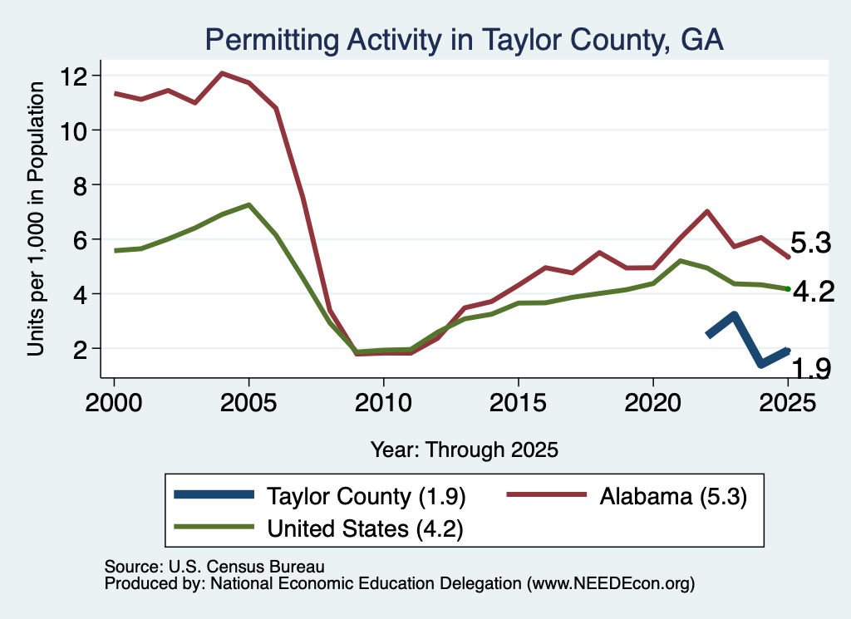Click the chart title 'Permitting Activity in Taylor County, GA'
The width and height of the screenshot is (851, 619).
[464, 40]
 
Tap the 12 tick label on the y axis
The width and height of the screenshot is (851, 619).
[74, 76]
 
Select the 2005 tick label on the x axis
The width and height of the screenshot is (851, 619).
[248, 403]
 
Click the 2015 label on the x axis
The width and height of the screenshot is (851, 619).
[519, 403]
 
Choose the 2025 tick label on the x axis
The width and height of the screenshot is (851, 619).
[788, 403]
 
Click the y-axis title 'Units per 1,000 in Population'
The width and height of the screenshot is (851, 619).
[36, 219]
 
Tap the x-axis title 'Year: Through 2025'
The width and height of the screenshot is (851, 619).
[464, 450]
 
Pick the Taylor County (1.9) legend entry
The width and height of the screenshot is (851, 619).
[320, 496]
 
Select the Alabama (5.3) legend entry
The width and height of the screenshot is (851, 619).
[627, 496]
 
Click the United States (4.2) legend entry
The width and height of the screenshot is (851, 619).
[318, 528]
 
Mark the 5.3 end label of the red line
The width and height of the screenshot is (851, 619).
[810, 243]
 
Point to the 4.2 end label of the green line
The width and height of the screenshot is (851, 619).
[814, 292]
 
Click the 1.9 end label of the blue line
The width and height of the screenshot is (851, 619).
[811, 368]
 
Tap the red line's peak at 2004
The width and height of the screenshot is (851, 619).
[222, 72]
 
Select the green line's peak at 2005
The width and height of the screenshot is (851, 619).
[248, 204]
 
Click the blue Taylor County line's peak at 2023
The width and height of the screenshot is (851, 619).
[734, 315]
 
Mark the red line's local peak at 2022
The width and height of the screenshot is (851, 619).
[706, 211]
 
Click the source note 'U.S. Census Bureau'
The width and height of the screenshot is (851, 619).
[246, 567]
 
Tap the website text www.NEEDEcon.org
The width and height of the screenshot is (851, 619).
[611, 584]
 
